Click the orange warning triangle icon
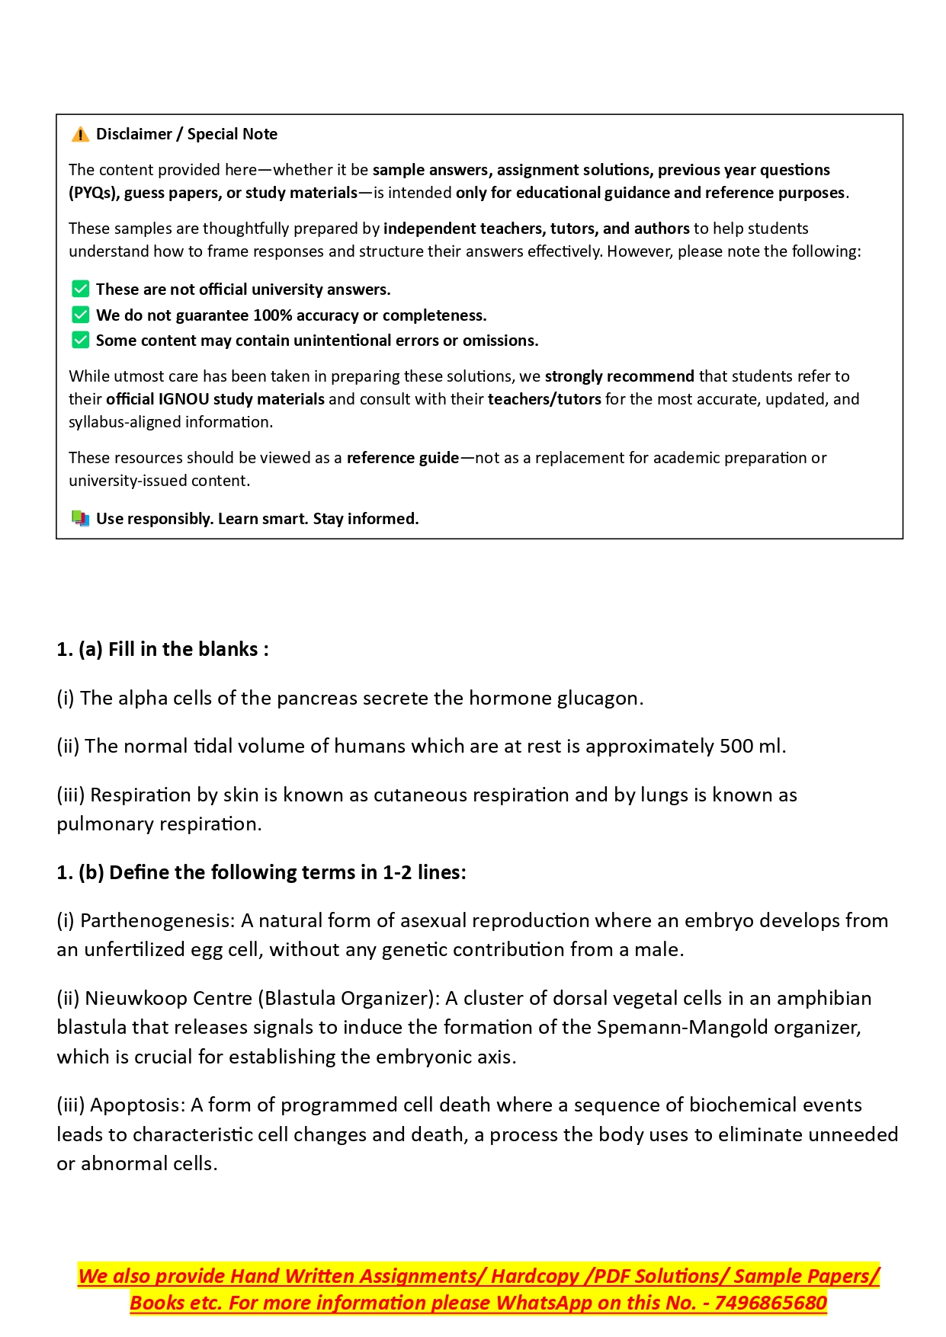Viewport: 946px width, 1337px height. click(x=80, y=135)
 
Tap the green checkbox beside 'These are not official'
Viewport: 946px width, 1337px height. click(x=80, y=289)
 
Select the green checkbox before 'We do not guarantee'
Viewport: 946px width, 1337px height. click(x=80, y=315)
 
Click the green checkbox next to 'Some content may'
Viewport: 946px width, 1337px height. click(x=80, y=341)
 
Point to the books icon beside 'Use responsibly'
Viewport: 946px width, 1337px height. click(x=80, y=519)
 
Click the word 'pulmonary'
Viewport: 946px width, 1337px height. click(x=103, y=824)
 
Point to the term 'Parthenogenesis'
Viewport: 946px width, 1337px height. click(x=157, y=921)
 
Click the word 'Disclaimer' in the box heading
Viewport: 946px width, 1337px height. click(x=134, y=135)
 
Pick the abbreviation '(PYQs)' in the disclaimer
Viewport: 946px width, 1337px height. click(x=94, y=193)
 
